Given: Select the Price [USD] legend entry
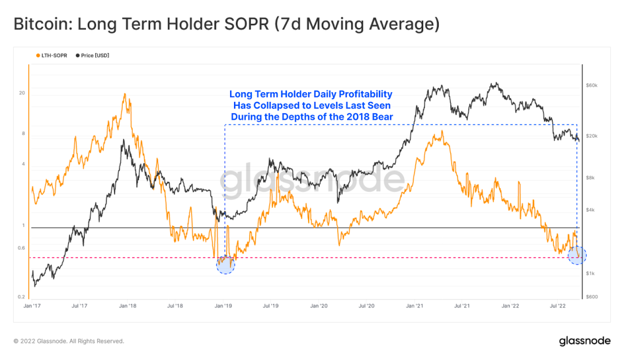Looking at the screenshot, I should tap(93, 56).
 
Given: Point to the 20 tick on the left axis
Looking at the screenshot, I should tap(21, 93).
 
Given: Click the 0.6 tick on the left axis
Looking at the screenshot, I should tap(21, 248).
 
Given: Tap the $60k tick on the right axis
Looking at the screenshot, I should tap(591, 85).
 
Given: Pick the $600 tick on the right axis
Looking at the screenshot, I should tap(591, 297).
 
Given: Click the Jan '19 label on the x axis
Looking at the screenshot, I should tap(223, 306).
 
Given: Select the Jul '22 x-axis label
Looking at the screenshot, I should tap(559, 306).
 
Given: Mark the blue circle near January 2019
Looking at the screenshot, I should tap(225, 264).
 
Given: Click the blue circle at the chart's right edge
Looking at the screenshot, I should tap(577, 255).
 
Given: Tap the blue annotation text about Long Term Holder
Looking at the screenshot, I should tap(311, 105).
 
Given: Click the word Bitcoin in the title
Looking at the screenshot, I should tap(39, 24).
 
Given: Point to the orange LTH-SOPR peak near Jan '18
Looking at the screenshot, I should tap(125, 94).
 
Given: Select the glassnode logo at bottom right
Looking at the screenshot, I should tap(584, 341).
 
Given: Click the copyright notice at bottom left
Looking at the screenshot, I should tap(69, 341).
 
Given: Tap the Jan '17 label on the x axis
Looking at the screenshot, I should tap(32, 306).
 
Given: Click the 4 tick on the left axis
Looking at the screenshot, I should tap(23, 164).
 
